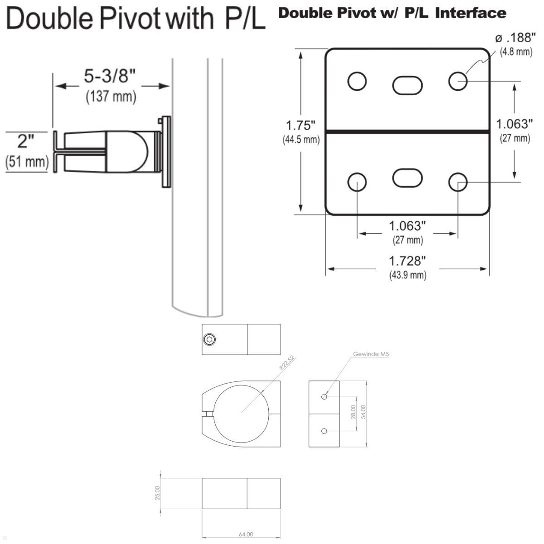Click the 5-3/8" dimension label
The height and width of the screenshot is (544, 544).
pos(110,76)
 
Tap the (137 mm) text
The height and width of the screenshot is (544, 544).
pos(111,97)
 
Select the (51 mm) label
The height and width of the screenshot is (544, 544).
pos(27,161)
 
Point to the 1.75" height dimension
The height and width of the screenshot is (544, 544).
pos(301,126)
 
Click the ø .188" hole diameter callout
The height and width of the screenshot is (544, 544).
pos(516,38)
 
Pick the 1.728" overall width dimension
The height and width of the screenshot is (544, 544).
pos(408,261)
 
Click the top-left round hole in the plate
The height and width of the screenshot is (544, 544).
pos(357,81)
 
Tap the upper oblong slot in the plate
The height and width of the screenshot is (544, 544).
pos(407,85)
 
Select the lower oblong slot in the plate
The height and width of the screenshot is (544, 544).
pos(407,177)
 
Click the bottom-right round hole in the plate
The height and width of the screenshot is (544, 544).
pos(458,182)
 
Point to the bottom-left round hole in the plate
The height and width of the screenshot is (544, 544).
pos(357,182)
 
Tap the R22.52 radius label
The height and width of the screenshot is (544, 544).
pos(287,363)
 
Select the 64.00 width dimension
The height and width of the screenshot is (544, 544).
pos(246,534)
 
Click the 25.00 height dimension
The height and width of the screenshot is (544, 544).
pos(157,493)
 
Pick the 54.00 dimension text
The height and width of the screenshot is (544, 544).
pos(363,412)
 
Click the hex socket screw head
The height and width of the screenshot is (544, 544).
pos(209,339)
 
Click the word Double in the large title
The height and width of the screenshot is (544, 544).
pos(51,19)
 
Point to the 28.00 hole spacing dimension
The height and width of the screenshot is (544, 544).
pos(353,412)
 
